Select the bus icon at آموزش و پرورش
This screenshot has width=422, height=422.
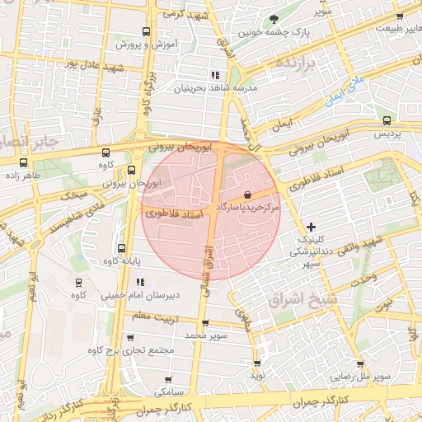(x=146, y=32)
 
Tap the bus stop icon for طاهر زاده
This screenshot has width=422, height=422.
(x=22, y=162)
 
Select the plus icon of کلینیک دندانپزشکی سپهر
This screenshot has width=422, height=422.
(x=311, y=226)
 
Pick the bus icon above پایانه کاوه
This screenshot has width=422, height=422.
(x=122, y=248)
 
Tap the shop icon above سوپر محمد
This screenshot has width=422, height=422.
(x=205, y=323)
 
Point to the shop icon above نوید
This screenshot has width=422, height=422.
(x=257, y=363)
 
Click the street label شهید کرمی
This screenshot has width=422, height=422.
(x=184, y=14)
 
